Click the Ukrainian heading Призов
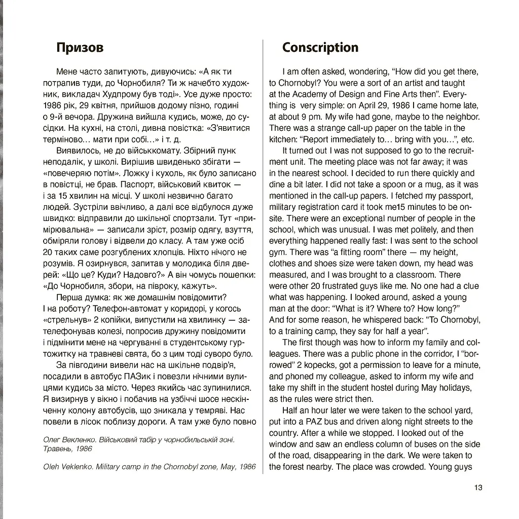point(80,48)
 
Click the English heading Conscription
point(320,48)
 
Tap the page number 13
point(478,488)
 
